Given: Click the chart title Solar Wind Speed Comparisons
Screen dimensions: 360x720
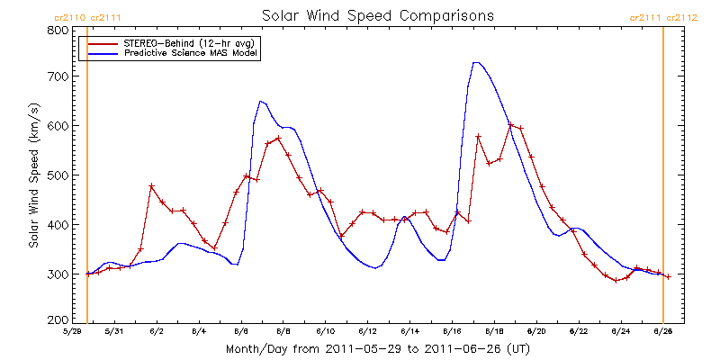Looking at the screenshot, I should click(378, 15).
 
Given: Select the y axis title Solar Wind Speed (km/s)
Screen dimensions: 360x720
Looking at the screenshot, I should click(33, 175).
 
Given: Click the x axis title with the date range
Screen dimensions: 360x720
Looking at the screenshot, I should click(379, 348).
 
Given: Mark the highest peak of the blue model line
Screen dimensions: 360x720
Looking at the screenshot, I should click(476, 62).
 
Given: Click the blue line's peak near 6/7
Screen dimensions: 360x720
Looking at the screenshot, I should click(260, 101).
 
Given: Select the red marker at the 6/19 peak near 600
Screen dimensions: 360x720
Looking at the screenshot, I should click(510, 125).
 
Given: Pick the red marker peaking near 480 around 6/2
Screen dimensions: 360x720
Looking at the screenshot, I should click(151, 186).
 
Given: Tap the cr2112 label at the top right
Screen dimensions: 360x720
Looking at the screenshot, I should click(686, 17).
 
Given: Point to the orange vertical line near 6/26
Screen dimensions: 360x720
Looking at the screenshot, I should click(663, 180).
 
